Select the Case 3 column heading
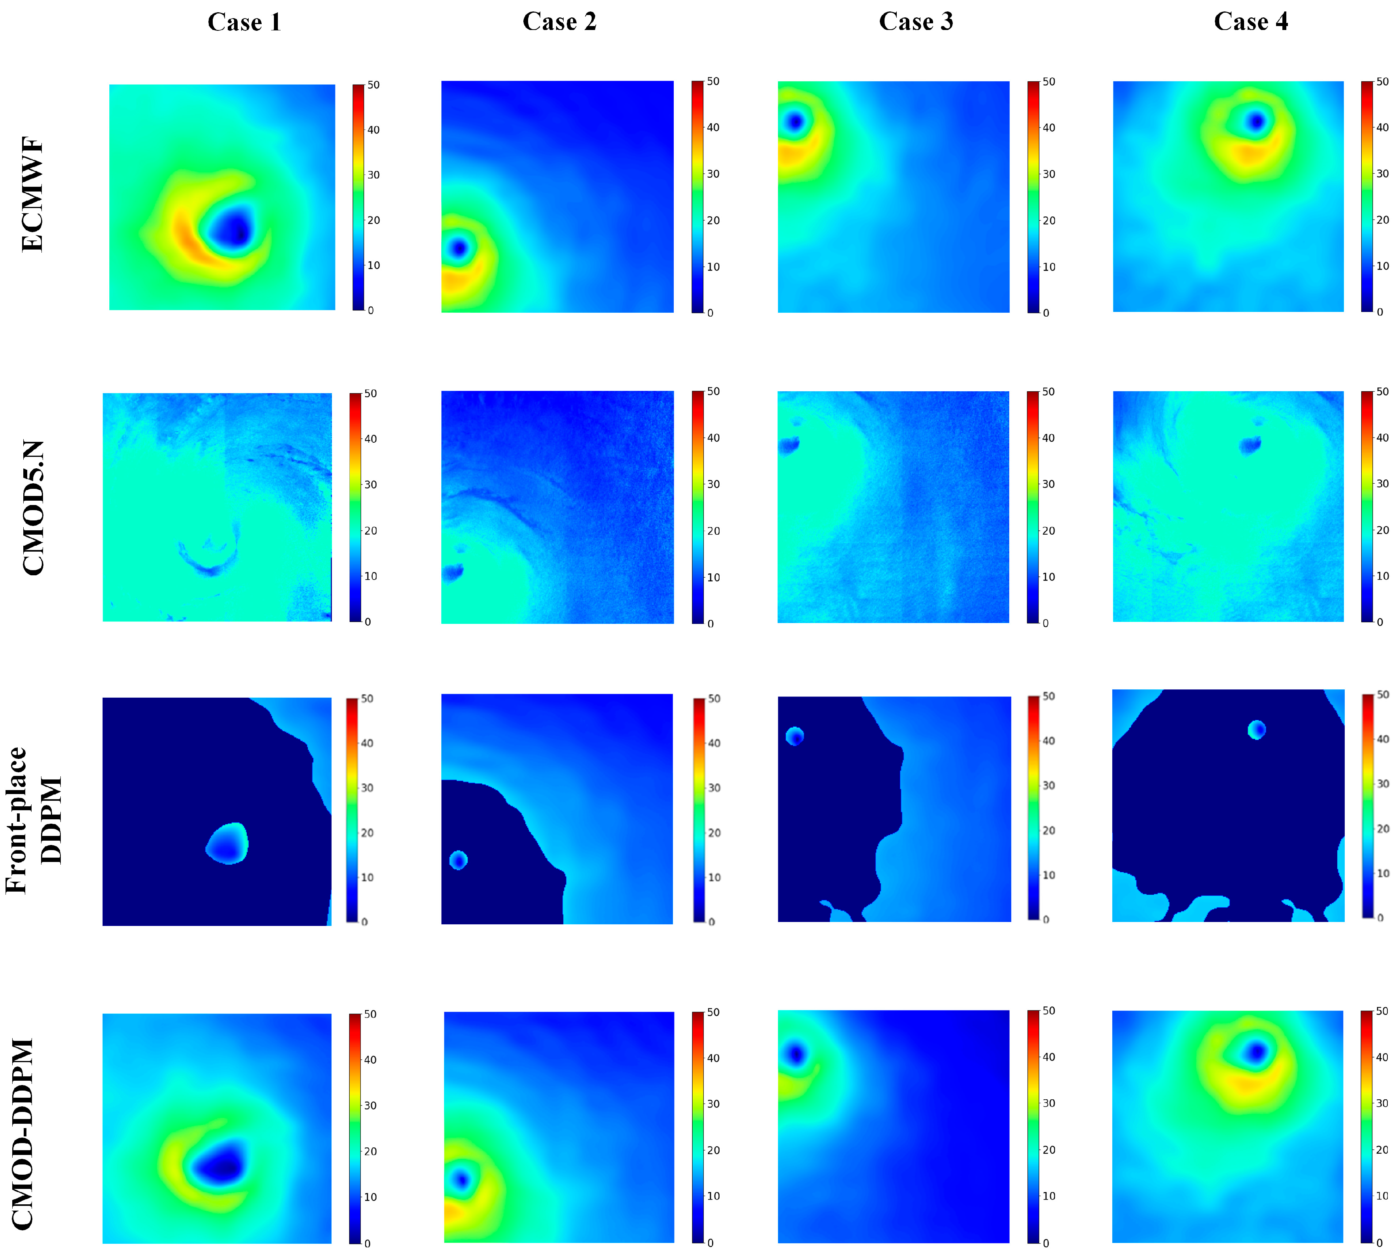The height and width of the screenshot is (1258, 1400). [x=916, y=21]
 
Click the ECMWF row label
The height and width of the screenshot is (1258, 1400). [x=32, y=195]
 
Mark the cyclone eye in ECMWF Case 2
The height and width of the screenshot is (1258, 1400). [x=459, y=248]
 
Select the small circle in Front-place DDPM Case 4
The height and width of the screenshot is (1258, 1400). [x=1256, y=729]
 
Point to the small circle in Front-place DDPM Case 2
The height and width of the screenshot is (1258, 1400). [x=459, y=860]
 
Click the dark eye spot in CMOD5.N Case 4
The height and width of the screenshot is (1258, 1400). [x=1249, y=445]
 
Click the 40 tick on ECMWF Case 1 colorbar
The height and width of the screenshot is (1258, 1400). [x=373, y=130]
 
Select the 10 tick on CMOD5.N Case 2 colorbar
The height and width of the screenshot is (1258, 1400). [x=712, y=577]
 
